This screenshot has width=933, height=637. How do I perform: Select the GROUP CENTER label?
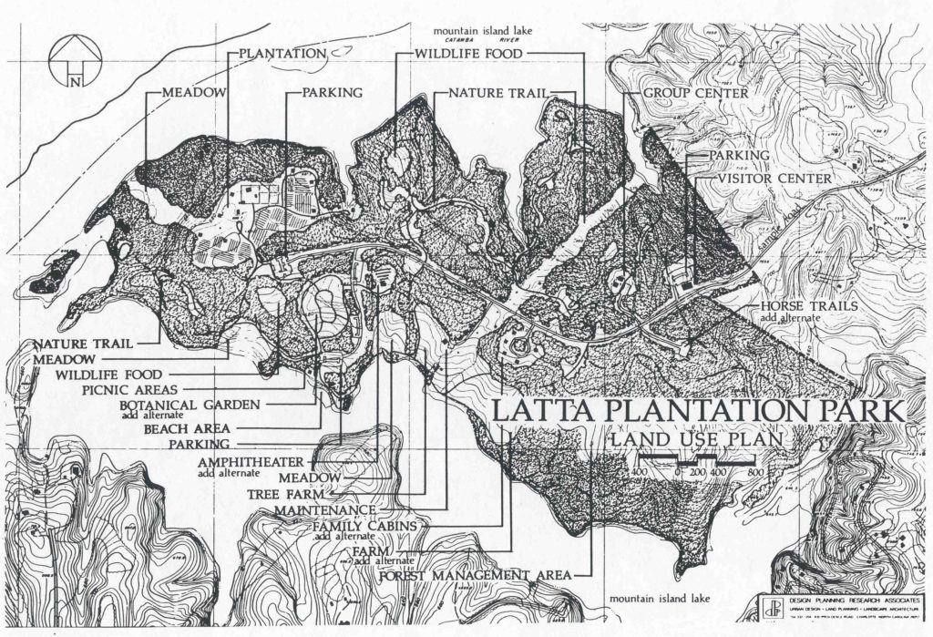pyautogui.click(x=696, y=93)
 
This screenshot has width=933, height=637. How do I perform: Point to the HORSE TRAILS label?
pyautogui.click(x=809, y=306)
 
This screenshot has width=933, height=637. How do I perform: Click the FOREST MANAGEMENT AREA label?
pyautogui.click(x=475, y=576)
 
